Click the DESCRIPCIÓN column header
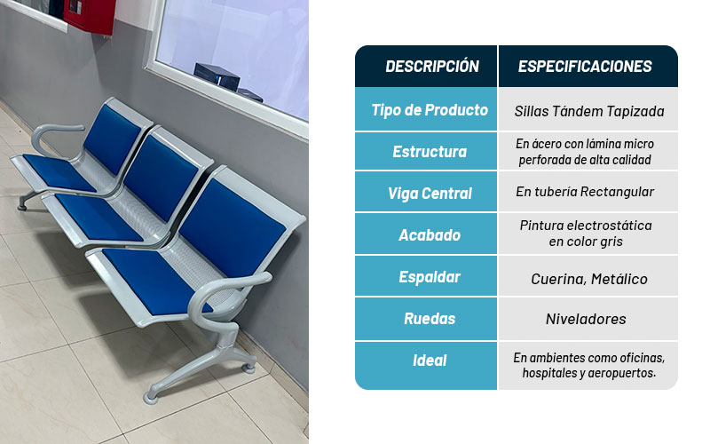[x=432, y=67]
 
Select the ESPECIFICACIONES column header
[x=585, y=67]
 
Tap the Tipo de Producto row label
[x=430, y=110]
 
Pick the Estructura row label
[x=430, y=151]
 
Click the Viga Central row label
[x=430, y=194]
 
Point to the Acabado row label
[x=430, y=235]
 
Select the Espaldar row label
[x=430, y=277]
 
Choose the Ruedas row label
[x=430, y=319]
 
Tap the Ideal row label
[x=430, y=361]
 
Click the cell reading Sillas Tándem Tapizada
[x=589, y=112]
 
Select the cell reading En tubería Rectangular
[x=585, y=192]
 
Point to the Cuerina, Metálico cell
[x=589, y=279]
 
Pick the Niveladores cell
[x=586, y=319]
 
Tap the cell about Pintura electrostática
[x=586, y=234]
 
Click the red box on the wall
[x=90, y=16]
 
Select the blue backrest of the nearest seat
[x=233, y=227]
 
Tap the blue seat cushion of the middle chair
[x=99, y=217]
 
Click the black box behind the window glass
[x=217, y=76]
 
